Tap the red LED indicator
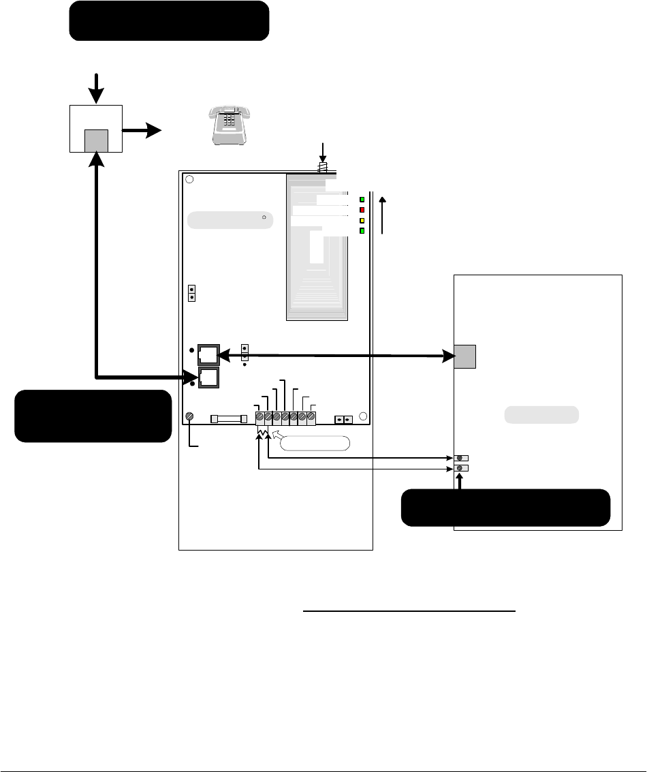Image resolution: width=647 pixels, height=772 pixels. pos(362,210)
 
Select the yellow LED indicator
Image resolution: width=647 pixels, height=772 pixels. pos(362,221)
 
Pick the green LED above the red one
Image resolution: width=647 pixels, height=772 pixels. pos(362,200)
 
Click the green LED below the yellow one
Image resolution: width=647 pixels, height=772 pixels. pos(362,231)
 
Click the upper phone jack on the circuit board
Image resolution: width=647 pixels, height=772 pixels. pos(208,355)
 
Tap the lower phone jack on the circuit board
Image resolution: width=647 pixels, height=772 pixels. pos(208,377)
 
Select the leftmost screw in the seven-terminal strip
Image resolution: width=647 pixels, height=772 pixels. pos(259,416)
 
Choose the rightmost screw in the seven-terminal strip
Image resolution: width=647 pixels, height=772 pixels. pos(311,416)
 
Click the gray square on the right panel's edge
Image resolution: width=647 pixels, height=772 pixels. pos(465,356)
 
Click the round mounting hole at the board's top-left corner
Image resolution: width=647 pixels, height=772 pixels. pos(189,180)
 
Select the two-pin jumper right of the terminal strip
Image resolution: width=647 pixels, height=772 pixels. pos(343,419)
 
